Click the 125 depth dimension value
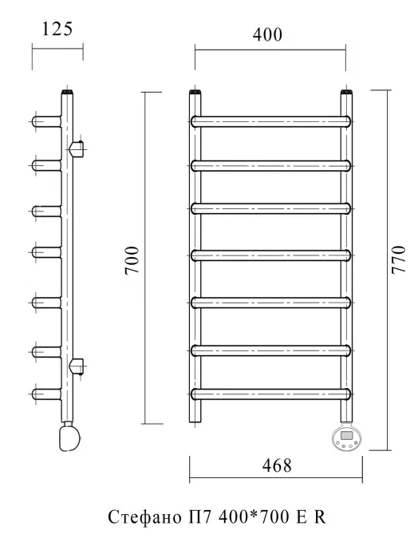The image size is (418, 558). [x=57, y=29]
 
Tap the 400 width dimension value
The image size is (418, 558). [x=267, y=35]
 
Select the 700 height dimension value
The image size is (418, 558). [x=132, y=259]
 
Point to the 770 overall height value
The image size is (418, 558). [x=398, y=259]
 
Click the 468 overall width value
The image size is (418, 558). [x=277, y=465]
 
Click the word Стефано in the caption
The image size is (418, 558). [x=144, y=517]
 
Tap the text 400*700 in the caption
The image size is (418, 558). [x=254, y=516]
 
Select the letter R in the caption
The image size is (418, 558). [x=320, y=517]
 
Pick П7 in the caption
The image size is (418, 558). [x=200, y=517]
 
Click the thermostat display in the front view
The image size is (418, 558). [x=346, y=435]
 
